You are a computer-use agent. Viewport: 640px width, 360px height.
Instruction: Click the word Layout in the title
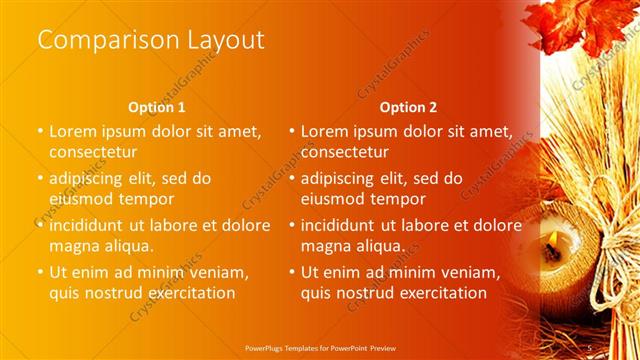coord(225,40)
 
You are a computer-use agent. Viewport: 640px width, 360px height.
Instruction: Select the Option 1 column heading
coord(157,107)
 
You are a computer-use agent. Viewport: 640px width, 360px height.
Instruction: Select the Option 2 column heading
coord(408,107)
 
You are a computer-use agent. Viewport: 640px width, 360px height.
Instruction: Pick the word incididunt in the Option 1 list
coord(98,225)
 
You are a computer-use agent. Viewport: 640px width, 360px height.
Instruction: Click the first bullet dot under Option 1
coord(40,131)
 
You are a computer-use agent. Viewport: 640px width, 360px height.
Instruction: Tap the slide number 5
coord(591,347)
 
